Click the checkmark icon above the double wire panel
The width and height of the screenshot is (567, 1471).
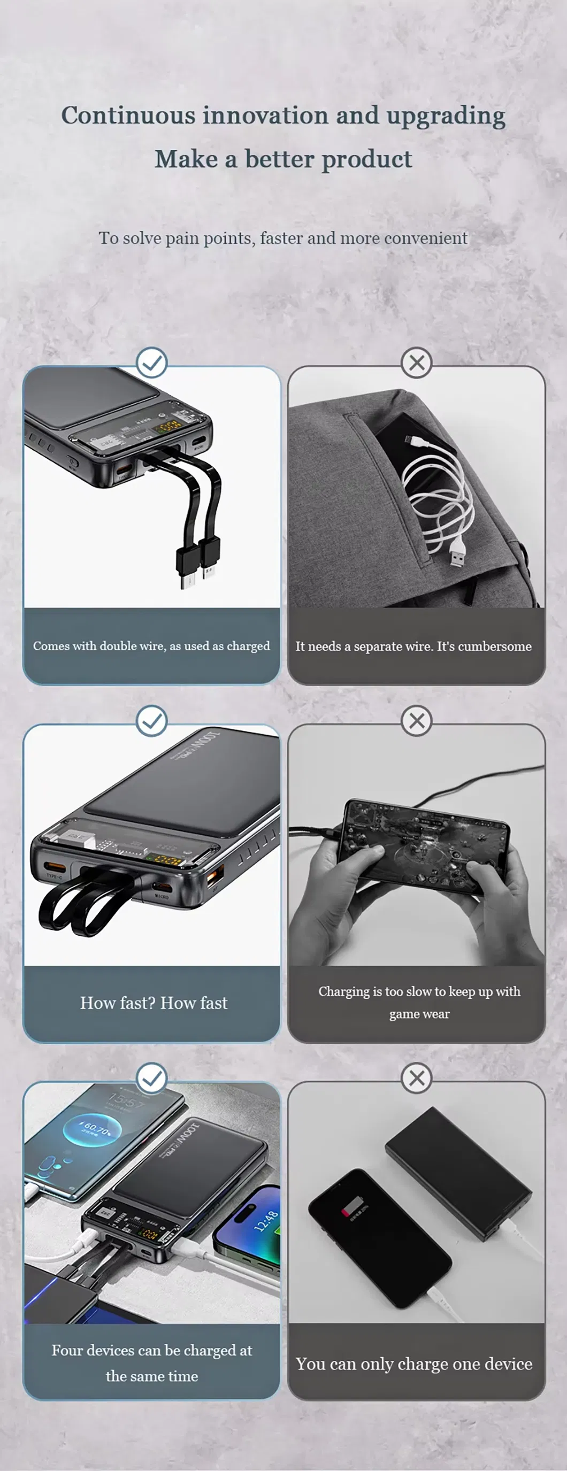(x=152, y=363)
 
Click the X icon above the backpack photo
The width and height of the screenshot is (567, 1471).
(x=417, y=363)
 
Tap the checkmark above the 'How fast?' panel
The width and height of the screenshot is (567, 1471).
(x=152, y=721)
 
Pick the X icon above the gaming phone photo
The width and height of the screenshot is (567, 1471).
(x=417, y=721)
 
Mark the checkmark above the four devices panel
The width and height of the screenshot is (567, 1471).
(x=152, y=1078)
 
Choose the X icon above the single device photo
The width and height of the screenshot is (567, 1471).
(x=417, y=1078)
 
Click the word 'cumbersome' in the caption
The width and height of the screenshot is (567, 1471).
(x=494, y=646)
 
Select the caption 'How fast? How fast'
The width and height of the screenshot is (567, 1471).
(x=154, y=1003)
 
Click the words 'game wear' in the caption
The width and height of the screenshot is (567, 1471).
(x=419, y=1014)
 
